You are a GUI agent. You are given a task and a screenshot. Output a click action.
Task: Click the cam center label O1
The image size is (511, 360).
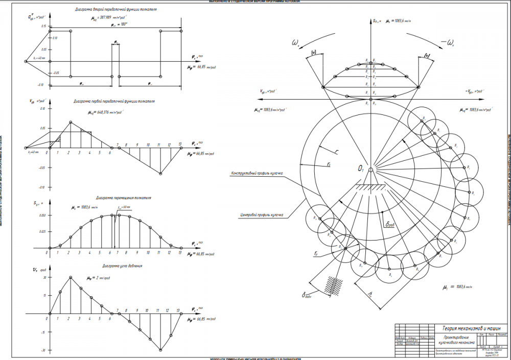(x=361, y=168)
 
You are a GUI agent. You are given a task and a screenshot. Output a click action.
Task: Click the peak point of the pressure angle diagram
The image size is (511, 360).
(x=71, y=277)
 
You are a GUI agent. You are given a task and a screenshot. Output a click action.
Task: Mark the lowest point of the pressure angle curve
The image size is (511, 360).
(x=161, y=350)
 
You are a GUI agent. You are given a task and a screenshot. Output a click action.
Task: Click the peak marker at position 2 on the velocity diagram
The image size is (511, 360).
(x=71, y=122)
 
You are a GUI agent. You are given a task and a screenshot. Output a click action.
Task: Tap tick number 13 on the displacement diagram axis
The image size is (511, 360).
(x=180, y=252)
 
